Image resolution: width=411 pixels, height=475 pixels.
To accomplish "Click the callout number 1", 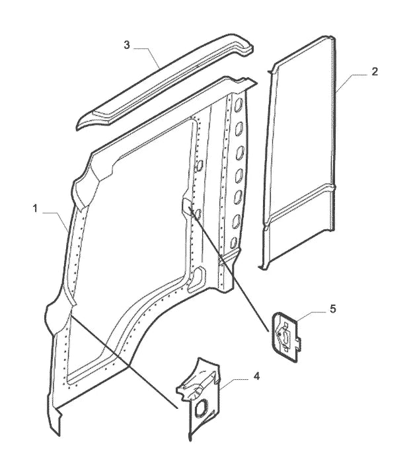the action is coord(36,208).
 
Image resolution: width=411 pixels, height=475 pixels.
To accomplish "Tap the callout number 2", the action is coord(375,72).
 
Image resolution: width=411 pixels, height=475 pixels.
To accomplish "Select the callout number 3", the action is coord(127,45).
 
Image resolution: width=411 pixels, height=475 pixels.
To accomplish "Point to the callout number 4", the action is coord(256,377).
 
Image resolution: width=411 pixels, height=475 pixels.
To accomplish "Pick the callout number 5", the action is coord(333,309).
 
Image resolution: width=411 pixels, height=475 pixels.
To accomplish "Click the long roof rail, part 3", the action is coord(165,82).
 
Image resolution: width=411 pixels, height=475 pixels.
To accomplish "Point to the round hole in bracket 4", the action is coord(200,408).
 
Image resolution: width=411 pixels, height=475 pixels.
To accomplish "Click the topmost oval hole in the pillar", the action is coord(239,104).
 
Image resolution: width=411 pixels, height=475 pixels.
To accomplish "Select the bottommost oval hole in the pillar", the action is coord(233,242).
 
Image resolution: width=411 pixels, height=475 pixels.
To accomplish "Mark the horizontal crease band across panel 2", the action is coord(300,201).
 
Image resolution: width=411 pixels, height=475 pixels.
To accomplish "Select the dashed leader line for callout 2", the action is coord(351,81).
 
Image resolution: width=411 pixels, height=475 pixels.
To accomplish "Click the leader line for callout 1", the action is coord(56,221).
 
